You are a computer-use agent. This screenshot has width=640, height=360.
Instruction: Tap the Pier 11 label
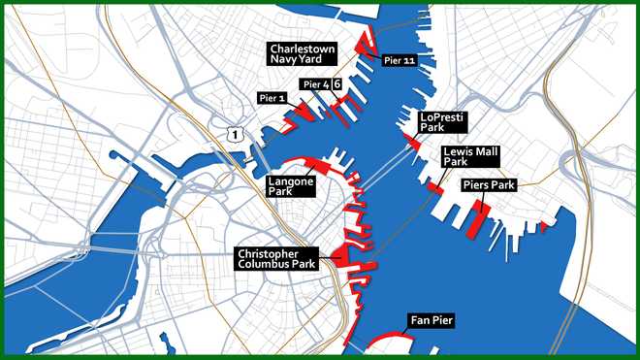click(x=400, y=60)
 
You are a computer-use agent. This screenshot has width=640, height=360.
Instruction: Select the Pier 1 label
click(x=273, y=98)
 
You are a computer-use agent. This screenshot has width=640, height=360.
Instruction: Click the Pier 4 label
click(x=316, y=85)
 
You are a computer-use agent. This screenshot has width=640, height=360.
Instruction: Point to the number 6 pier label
click(x=336, y=84)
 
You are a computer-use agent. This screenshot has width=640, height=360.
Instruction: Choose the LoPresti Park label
click(x=442, y=121)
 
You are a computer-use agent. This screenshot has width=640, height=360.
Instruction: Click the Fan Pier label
click(x=431, y=319)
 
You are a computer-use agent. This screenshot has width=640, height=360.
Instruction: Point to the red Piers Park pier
click(x=475, y=219)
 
